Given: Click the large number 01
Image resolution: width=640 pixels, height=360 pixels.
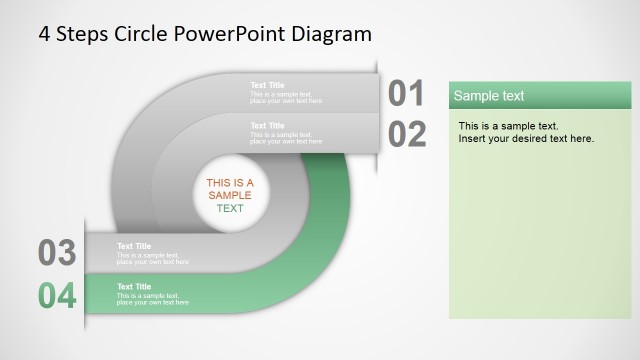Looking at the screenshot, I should pyautogui.click(x=407, y=93).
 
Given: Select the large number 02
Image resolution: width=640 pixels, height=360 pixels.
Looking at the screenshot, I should pyautogui.click(x=407, y=133).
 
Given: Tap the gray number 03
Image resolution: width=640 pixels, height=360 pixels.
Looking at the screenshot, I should pyautogui.click(x=57, y=253).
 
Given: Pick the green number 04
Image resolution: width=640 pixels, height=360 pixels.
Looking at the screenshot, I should pyautogui.click(x=57, y=296).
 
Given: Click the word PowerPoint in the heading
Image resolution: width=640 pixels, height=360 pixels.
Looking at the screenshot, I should pyautogui.click(x=229, y=33).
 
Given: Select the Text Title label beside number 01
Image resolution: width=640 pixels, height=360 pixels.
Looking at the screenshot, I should pyautogui.click(x=267, y=85).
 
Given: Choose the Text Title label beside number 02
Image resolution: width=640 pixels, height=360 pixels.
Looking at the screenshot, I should pyautogui.click(x=267, y=126).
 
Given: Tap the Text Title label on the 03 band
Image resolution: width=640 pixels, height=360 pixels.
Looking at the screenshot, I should pyautogui.click(x=134, y=246).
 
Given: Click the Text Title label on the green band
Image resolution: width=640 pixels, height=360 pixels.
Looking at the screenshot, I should pyautogui.click(x=134, y=287).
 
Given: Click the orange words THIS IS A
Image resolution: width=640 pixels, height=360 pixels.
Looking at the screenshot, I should pyautogui.click(x=230, y=183).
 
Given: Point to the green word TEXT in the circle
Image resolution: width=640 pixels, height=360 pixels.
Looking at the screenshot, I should pyautogui.click(x=230, y=209).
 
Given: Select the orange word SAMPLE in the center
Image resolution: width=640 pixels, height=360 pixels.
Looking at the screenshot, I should pyautogui.click(x=230, y=196).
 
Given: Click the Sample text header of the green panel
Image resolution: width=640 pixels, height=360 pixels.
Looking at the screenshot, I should pyautogui.click(x=489, y=96).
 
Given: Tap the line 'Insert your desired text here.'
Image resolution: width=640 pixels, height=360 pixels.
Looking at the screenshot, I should pyautogui.click(x=526, y=138).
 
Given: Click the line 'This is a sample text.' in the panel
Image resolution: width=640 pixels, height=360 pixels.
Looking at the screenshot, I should pyautogui.click(x=508, y=126).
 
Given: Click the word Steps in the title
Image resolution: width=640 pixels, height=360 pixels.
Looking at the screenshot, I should pyautogui.click(x=83, y=33).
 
